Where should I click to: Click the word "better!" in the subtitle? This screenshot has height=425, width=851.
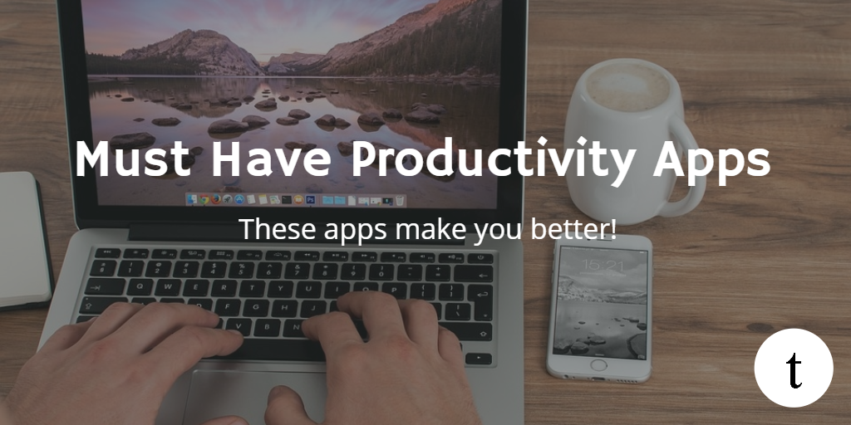point(573,229)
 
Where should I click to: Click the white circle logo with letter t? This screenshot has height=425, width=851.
point(794,368)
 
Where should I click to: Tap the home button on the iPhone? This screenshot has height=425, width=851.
point(598,364)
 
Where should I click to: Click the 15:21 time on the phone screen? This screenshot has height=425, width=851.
point(600,265)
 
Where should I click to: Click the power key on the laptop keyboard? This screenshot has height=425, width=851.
point(480,258)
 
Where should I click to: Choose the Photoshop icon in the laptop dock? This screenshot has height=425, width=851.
point(311,200)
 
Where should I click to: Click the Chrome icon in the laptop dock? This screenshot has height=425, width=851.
point(204,199)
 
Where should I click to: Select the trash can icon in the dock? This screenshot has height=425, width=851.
point(400,201)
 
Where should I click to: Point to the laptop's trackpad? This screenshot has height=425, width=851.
point(255,396)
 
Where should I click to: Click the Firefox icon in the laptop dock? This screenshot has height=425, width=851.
point(216,199)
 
